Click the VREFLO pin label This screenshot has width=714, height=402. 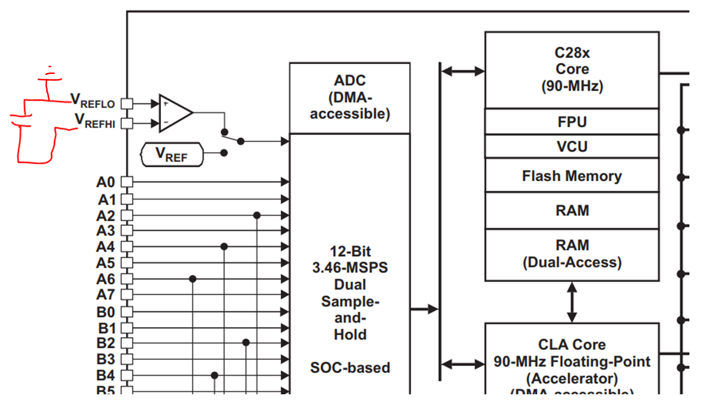pyautogui.click(x=93, y=101)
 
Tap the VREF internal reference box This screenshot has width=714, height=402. pyautogui.click(x=171, y=155)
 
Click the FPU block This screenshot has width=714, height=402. pyautogui.click(x=572, y=122)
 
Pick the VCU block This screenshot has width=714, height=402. pyautogui.click(x=572, y=147)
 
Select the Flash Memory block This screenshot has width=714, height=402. pyautogui.click(x=572, y=176)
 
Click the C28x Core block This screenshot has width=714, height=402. pyautogui.click(x=572, y=69)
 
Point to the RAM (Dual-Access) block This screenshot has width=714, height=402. pyautogui.click(x=572, y=254)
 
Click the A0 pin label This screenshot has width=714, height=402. pyautogui.click(x=106, y=182)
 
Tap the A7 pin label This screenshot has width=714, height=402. pyautogui.click(x=106, y=295)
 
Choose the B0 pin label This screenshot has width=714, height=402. pyautogui.click(x=106, y=312)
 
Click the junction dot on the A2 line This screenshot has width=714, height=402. pyautogui.click(x=257, y=215)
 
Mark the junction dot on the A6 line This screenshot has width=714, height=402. pyautogui.click(x=193, y=279)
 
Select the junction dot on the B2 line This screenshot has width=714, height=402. pyautogui.click(x=246, y=342)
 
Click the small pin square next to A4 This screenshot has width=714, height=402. pyautogui.click(x=127, y=247)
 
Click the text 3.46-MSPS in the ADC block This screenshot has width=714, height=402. pyautogui.click(x=350, y=267)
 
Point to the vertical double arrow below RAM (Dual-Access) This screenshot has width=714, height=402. pyautogui.click(x=572, y=302)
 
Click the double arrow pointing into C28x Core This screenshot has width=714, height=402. pyautogui.click(x=463, y=71)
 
